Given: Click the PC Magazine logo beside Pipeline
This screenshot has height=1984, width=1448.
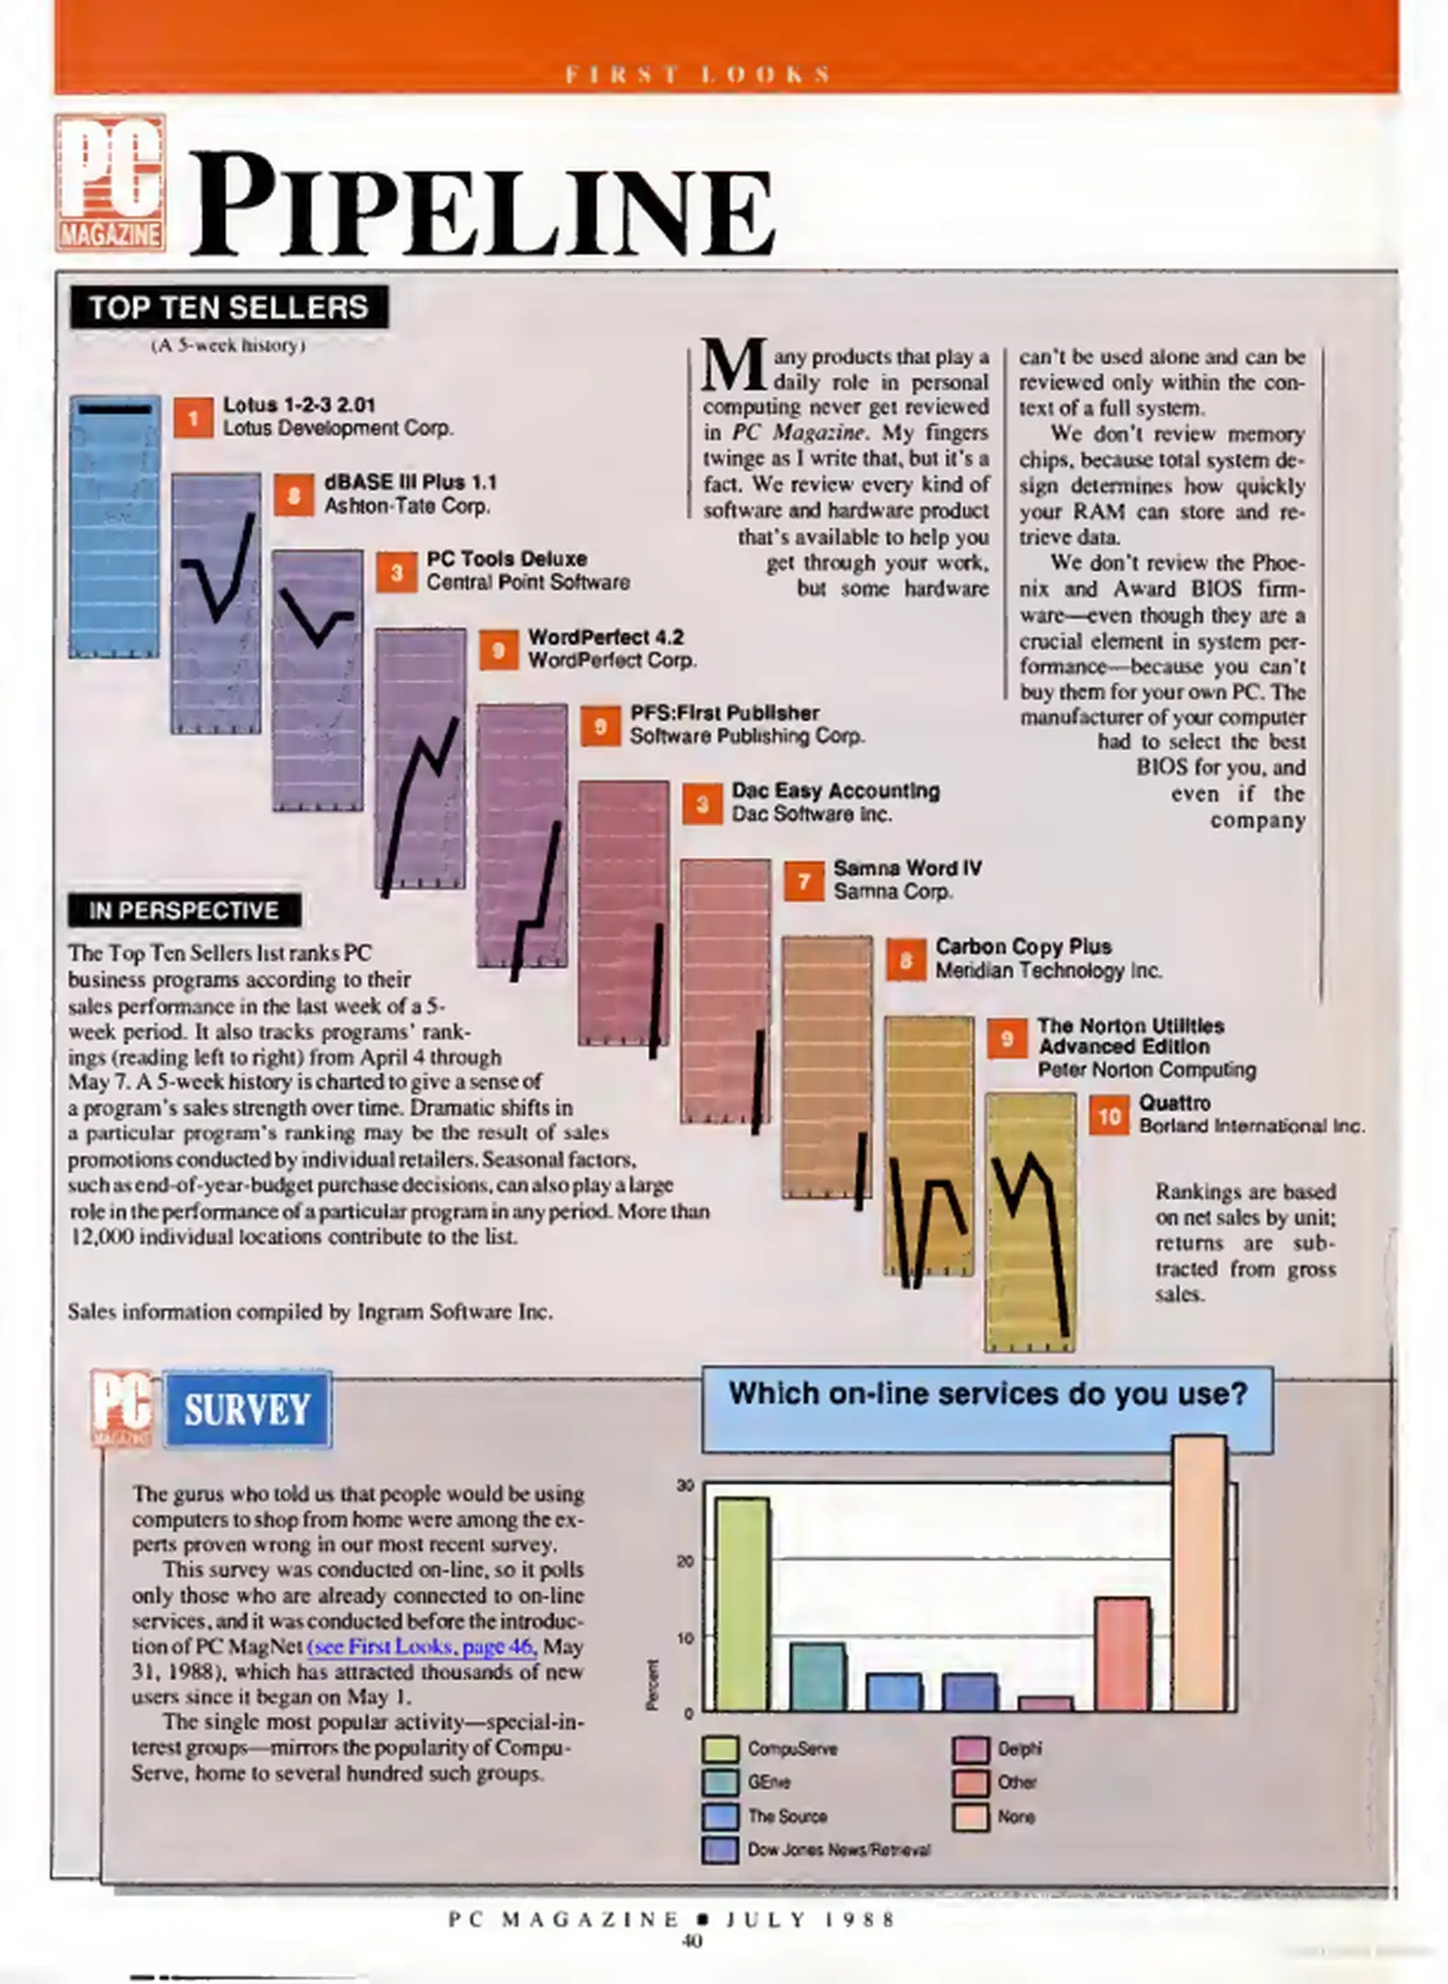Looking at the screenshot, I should pos(110,183).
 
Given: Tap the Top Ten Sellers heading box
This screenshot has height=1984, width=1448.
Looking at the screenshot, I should pos(229,307).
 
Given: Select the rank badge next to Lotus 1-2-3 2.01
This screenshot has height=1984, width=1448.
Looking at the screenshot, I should pos(193,418).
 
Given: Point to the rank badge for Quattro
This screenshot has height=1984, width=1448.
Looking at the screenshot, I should pos(1108,1115).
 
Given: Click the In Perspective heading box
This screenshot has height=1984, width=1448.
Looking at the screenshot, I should pos(184,910).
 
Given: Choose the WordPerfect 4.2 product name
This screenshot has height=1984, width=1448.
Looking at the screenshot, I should pos(605,637).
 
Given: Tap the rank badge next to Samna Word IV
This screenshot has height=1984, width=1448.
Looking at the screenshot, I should pos(803,882).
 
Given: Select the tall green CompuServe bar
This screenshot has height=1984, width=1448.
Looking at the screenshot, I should pos(742,1603).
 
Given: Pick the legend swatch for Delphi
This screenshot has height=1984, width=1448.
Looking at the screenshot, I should pos(971,1749).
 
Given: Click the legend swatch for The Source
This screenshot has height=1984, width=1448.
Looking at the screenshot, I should pos(720,1816).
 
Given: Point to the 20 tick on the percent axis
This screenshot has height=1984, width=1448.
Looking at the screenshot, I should pos(685,1561).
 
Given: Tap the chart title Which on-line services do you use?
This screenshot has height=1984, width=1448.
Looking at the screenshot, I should pos(987,1394).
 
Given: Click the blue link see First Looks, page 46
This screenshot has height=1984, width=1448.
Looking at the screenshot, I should pos(421,1646).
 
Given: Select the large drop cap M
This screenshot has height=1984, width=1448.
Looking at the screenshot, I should pos(734,365).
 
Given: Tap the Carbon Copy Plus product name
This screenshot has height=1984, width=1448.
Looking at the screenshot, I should pos(1023,946).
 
